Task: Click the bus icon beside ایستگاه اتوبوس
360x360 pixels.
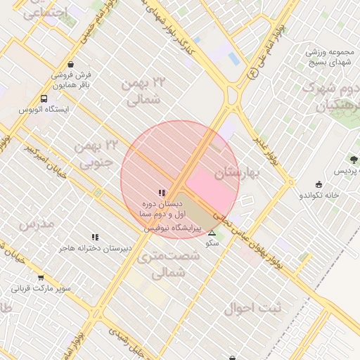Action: coord(44,99)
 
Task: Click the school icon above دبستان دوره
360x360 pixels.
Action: coord(162,193)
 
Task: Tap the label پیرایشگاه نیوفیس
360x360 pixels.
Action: coord(173,229)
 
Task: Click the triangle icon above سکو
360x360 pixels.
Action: coord(212,232)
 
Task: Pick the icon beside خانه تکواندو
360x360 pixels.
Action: coord(319,184)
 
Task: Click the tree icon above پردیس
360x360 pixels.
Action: coord(354,160)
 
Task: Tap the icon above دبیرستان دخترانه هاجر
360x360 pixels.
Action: coord(95,237)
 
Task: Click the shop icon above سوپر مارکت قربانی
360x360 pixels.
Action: coord(40,277)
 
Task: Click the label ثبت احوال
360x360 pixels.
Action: coord(252,307)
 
